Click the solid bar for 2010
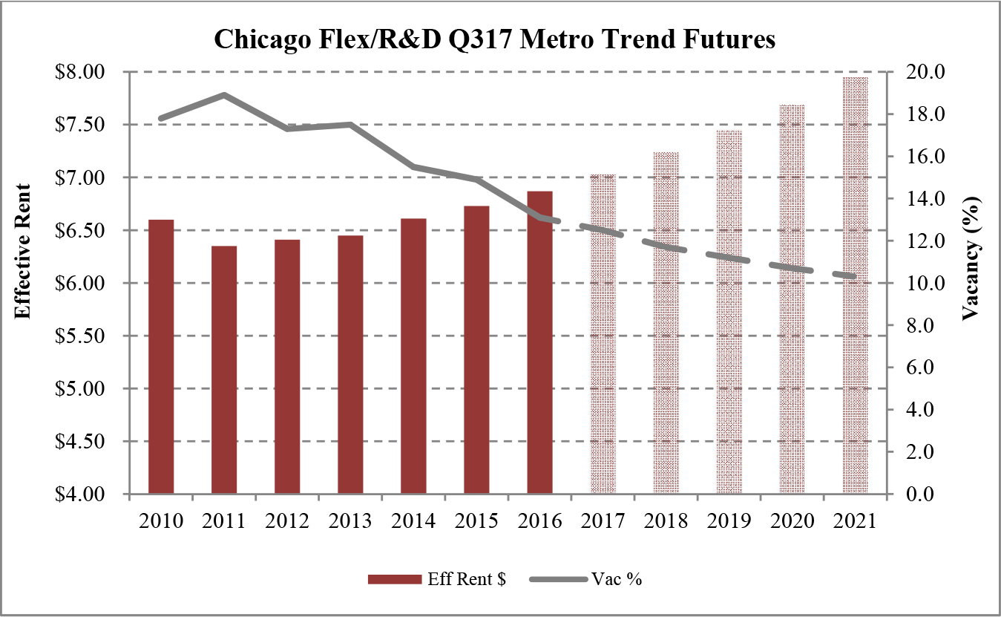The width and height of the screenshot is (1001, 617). [x=161, y=356]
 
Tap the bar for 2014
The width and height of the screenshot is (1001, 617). [x=413, y=356]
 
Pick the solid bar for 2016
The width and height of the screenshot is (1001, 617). [x=540, y=342]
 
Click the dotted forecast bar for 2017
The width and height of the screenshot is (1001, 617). [x=603, y=334]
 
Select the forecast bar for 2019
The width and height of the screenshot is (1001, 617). [x=729, y=312]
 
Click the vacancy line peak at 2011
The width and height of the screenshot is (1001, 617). [x=224, y=95]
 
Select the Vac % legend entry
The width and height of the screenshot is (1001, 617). [x=586, y=580]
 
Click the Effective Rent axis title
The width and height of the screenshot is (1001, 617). [x=23, y=251]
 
